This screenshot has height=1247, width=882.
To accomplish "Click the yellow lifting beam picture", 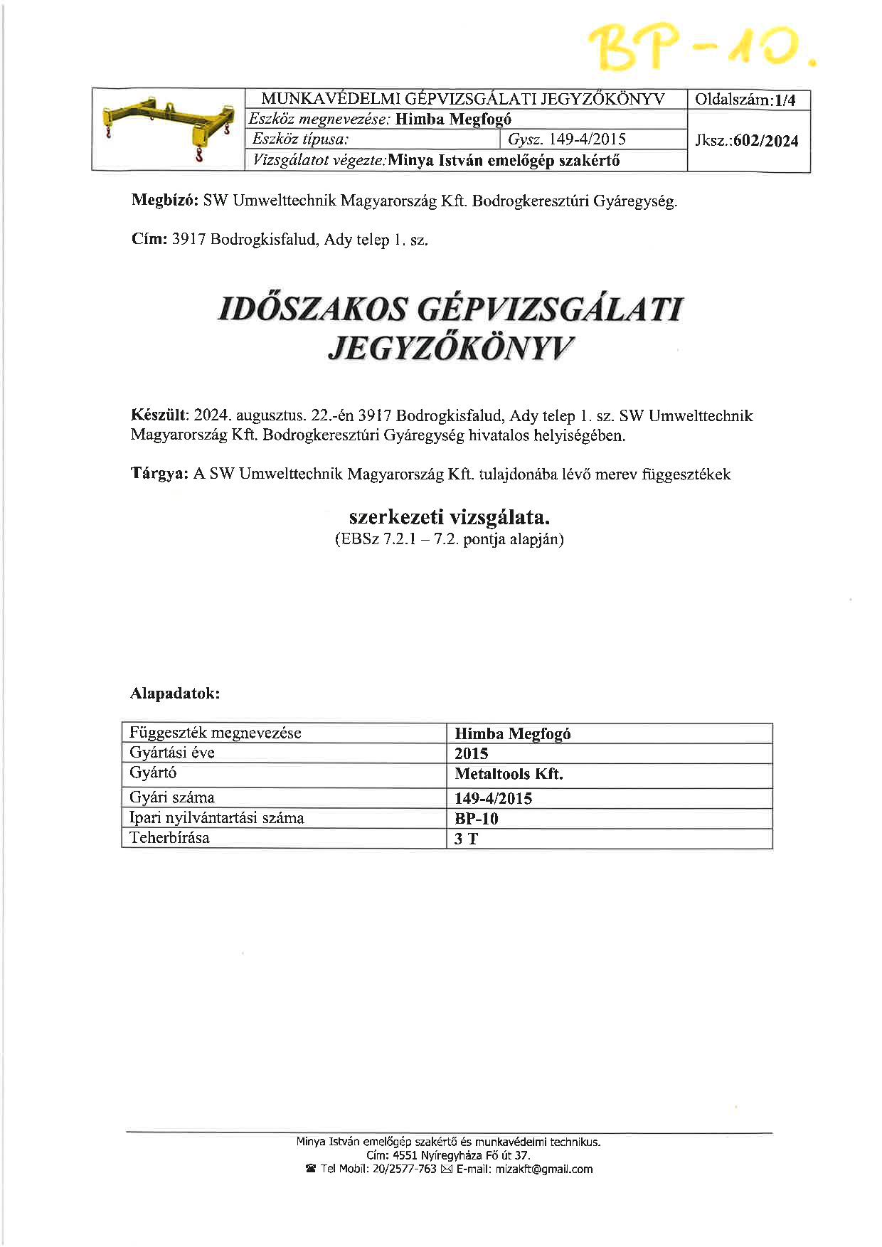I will click(168, 130).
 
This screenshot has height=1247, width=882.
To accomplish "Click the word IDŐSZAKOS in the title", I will click(314, 310).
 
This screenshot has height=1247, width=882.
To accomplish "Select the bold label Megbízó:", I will click(165, 201).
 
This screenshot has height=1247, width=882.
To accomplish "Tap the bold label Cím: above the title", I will click(149, 240).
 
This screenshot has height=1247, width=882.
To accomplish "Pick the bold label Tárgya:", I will click(159, 474).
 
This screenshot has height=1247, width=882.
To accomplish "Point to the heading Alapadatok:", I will click(175, 693).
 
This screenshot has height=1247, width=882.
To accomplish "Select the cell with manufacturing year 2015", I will click(472, 754).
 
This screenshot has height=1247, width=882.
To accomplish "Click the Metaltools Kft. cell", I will click(509, 774).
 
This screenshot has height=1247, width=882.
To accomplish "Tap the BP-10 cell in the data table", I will click(477, 819).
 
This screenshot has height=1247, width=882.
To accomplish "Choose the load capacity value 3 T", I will click(467, 839).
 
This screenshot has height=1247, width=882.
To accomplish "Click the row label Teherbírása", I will click(170, 838).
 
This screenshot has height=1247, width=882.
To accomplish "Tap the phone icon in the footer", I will click(310, 1169).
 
